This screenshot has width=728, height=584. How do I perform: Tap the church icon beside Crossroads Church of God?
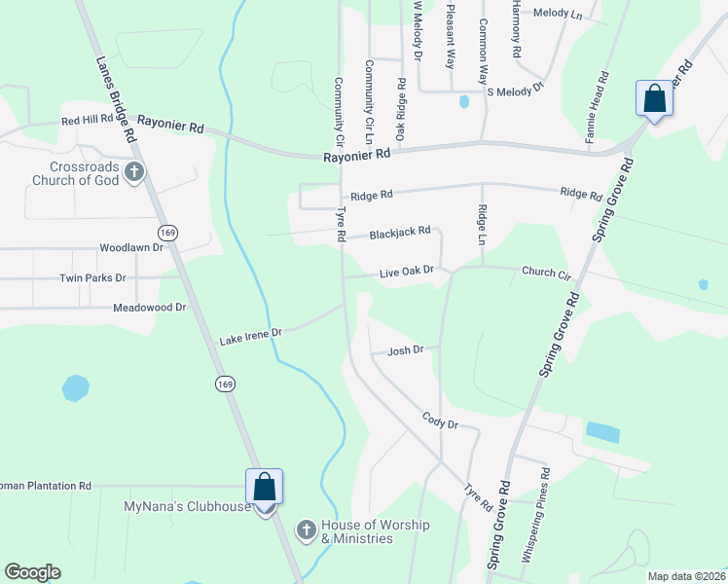point(134,173)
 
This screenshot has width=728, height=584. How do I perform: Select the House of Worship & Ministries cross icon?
point(306,529)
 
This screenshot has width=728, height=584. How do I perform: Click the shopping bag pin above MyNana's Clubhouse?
point(264,486)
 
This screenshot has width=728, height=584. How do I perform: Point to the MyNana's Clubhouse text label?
point(187,507)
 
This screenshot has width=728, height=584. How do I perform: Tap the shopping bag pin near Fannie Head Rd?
point(653,98)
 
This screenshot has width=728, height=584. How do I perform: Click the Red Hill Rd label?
point(88,120)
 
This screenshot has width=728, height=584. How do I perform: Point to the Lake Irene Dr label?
point(250,335)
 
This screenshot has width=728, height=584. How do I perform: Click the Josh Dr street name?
point(406,350)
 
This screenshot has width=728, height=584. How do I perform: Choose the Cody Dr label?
point(440,420)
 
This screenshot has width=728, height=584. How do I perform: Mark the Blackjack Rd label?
point(399,233)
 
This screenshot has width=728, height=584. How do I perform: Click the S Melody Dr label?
point(515,91)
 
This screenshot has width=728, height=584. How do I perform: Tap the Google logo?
point(32,572)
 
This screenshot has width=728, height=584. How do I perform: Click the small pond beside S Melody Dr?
point(464,100)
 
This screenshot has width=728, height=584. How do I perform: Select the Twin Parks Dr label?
point(93,277)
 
